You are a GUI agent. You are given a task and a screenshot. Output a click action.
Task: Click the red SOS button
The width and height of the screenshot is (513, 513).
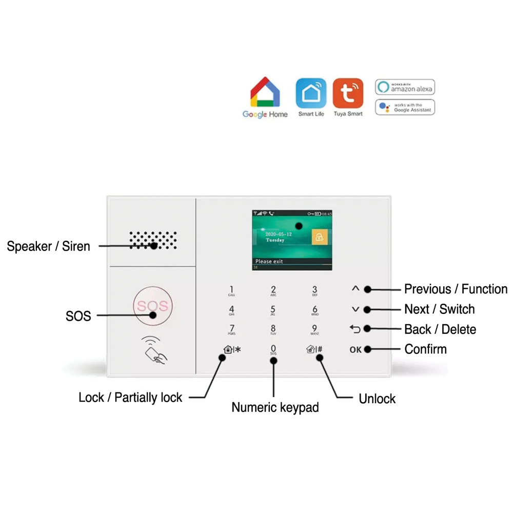point(151,306)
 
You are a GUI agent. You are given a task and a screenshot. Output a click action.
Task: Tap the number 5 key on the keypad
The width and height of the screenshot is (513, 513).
point(273,310)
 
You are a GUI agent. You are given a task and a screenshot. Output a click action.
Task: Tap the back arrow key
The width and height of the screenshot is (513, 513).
point(355,329)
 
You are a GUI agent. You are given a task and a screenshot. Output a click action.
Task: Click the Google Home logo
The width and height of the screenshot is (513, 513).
point(265,97)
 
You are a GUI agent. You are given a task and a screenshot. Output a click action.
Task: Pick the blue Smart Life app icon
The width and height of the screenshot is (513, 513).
point(311,93)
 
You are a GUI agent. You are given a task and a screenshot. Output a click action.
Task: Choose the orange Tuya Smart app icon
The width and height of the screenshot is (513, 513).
point(348,93)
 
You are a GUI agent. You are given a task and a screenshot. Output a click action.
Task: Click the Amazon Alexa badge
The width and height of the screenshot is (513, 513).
point(405,87)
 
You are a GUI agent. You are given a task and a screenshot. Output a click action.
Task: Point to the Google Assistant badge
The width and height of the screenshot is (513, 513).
point(405,107)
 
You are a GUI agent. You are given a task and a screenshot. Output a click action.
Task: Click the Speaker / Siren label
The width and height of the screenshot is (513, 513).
point(48,246)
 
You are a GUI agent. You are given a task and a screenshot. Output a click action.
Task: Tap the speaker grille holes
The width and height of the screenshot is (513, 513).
point(153,240)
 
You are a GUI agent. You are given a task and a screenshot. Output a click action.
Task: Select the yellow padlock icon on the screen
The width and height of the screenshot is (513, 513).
point(319,237)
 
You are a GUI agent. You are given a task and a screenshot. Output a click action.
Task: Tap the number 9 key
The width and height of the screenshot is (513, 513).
point(314,330)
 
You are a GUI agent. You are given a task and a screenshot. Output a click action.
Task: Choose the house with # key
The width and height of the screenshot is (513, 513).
point(314,350)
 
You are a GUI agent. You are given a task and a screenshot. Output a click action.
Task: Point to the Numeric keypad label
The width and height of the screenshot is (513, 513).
point(275,407)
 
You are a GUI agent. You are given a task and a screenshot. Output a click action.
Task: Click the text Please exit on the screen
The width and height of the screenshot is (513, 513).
point(269,262)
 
